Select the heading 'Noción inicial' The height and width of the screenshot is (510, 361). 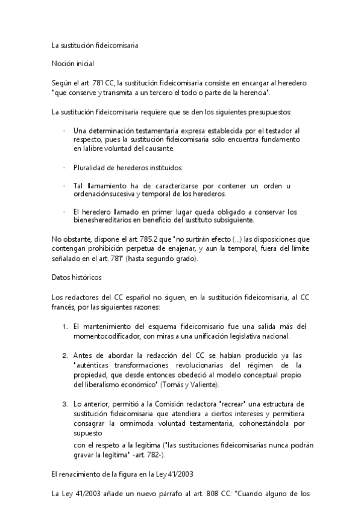73,63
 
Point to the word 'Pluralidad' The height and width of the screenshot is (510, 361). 89,167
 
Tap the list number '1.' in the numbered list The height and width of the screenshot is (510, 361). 65,327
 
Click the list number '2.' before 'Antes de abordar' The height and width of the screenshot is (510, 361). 65,355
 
